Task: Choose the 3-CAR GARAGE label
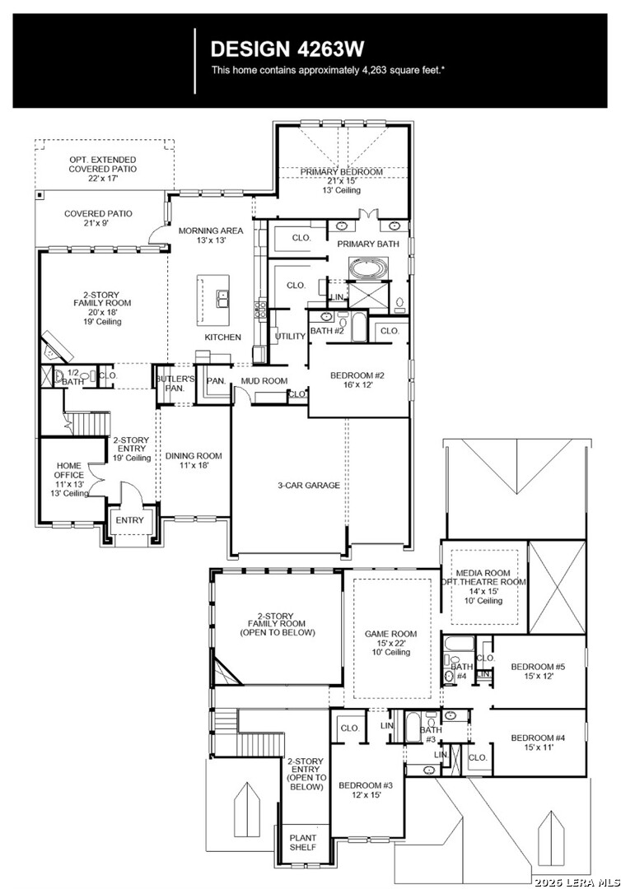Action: click(308, 485)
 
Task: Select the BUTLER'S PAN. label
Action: click(175, 384)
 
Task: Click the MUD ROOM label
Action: click(264, 381)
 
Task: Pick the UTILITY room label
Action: click(291, 337)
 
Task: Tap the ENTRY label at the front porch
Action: click(129, 519)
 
